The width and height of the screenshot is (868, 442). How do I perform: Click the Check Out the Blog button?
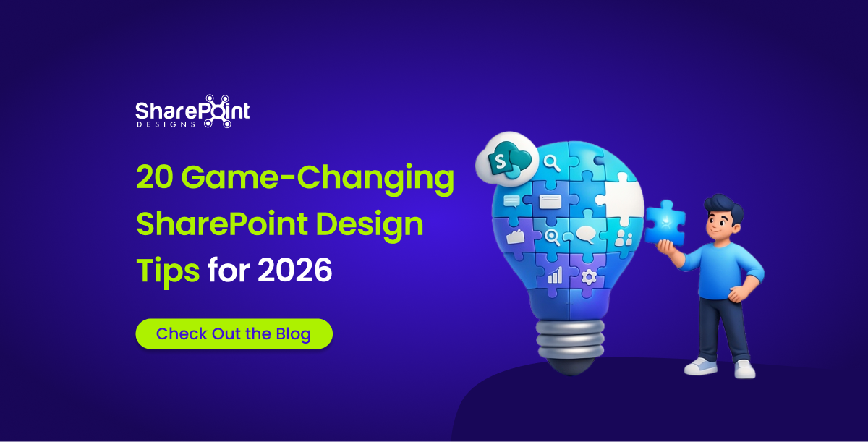234,334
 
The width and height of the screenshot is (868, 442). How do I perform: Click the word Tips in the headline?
168,271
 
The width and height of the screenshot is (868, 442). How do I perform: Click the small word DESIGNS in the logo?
165,124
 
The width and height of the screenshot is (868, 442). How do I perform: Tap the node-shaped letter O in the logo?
217,111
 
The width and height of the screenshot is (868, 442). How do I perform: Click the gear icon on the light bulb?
588,276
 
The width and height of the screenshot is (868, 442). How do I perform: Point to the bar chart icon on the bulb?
555,276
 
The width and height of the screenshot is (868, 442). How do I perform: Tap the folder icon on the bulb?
515,237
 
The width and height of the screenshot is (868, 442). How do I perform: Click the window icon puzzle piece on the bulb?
550,202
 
